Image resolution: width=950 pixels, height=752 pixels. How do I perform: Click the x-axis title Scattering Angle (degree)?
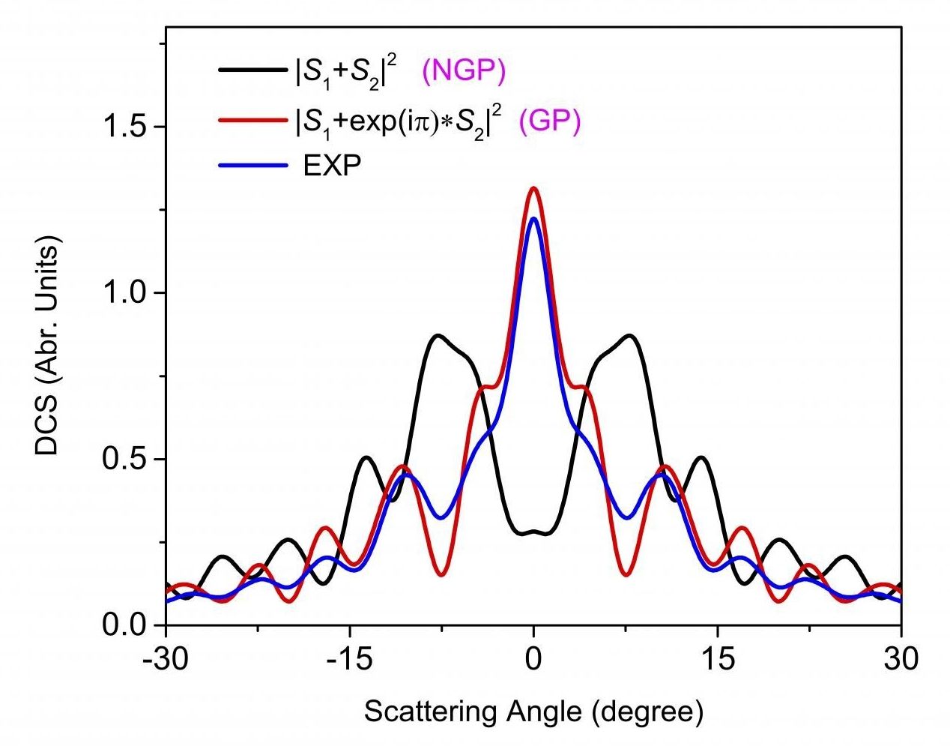(x=533, y=712)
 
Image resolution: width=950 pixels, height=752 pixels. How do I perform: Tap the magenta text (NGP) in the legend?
(x=464, y=71)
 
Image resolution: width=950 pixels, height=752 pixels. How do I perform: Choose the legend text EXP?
(x=332, y=166)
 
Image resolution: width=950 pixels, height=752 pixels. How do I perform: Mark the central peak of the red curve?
(x=533, y=188)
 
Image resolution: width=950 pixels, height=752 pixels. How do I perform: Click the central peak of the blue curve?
(x=533, y=219)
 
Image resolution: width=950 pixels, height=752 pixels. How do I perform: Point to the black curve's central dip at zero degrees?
(x=533, y=532)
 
